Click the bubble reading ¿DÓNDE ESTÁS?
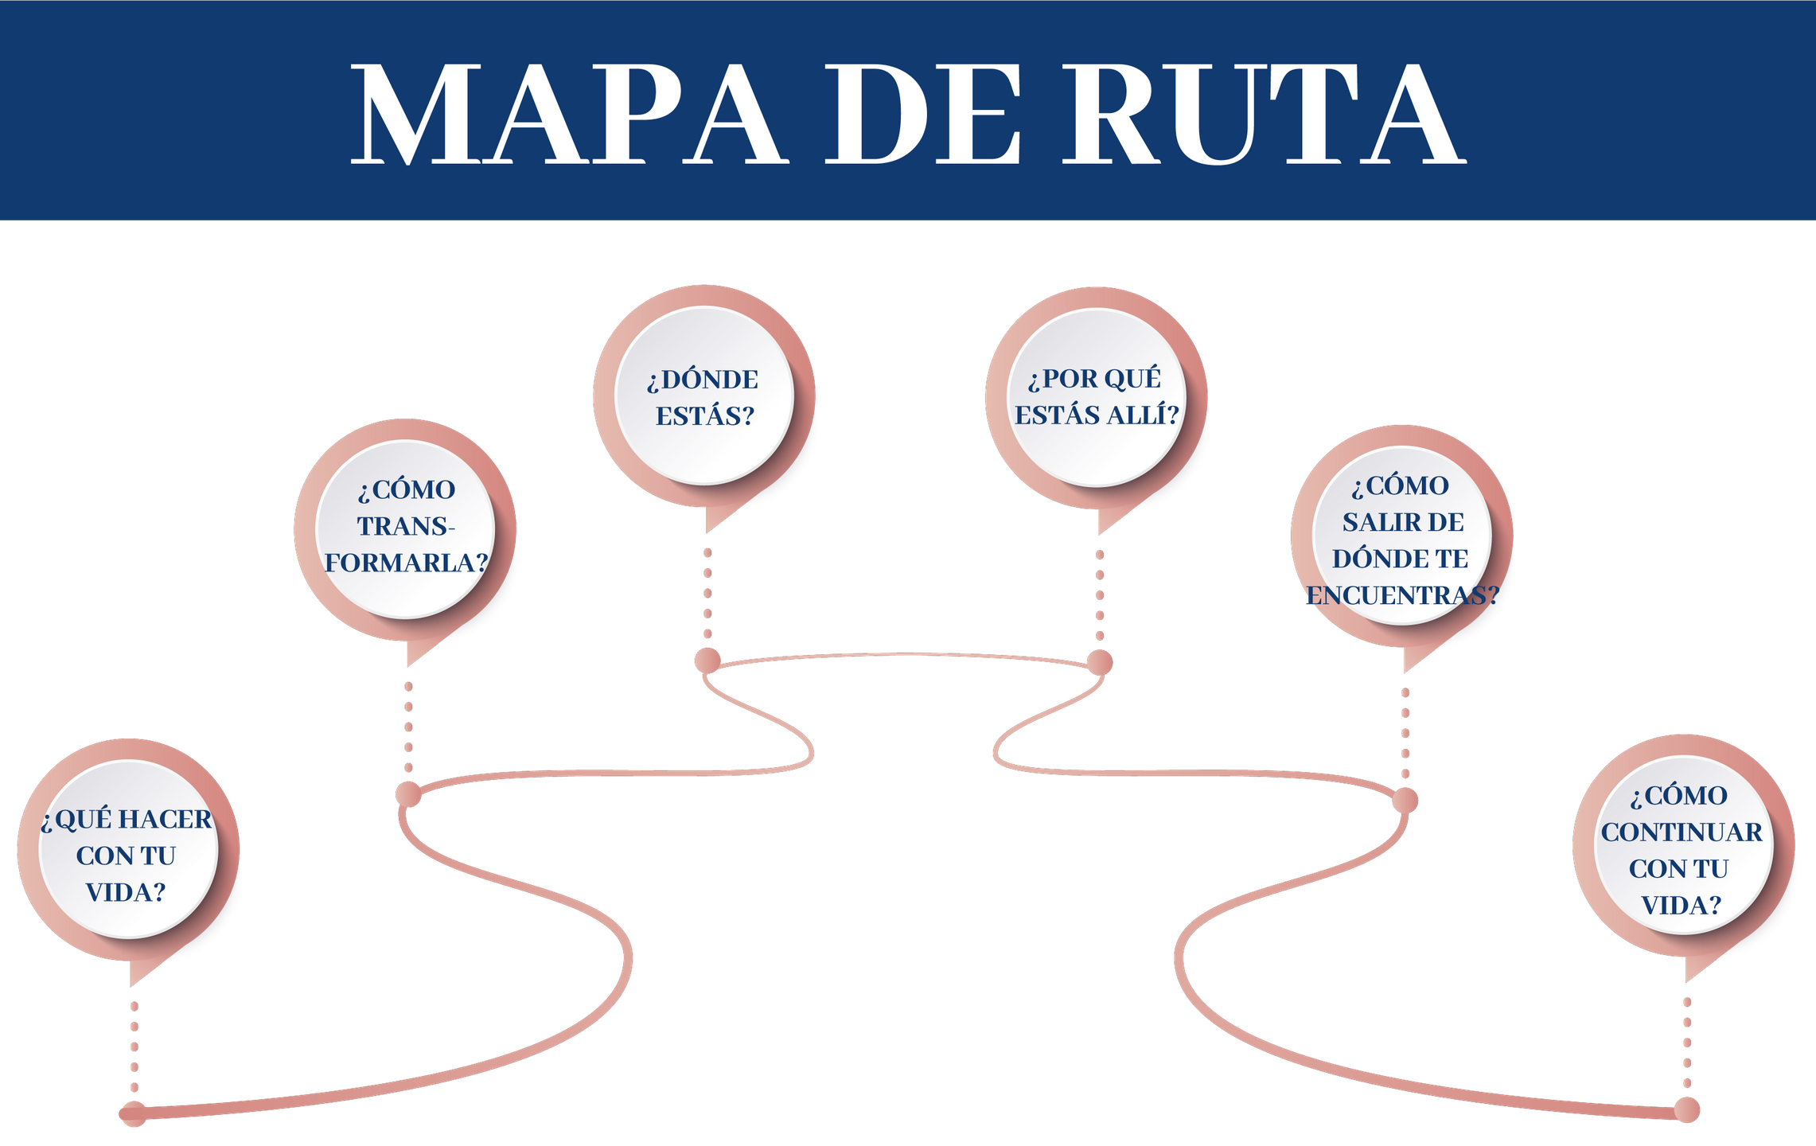tap(705, 396)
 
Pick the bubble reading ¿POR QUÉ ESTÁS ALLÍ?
tap(1097, 396)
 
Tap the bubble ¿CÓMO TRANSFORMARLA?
tap(406, 527)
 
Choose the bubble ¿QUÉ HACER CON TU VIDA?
tap(127, 853)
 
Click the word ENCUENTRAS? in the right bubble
tap(1402, 595)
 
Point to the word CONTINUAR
tap(1682, 832)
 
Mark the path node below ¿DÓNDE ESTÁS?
tap(707, 661)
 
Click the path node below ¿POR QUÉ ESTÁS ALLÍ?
tap(1100, 662)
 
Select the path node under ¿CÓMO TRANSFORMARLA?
tap(408, 794)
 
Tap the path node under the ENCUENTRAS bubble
tap(1405, 801)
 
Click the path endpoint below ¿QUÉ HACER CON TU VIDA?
tap(133, 1113)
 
